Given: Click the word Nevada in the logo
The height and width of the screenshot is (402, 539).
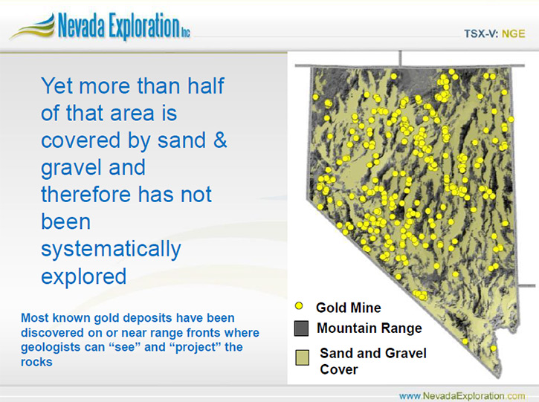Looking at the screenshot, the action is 81,25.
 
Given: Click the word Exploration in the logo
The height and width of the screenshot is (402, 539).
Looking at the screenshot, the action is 144,27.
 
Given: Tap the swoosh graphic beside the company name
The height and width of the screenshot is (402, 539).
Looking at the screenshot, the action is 32,27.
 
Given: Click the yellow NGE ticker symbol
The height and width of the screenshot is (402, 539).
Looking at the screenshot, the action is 514,33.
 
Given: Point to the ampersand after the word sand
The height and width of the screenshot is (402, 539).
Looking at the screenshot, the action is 220,140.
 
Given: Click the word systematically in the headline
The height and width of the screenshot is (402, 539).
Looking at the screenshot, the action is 111,249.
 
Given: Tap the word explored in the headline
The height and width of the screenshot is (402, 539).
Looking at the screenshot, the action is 83,276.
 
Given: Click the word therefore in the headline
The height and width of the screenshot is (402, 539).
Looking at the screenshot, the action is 86,194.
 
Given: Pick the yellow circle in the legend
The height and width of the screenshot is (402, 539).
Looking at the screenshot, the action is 299,306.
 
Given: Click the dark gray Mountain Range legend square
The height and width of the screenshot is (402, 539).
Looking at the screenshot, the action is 302,328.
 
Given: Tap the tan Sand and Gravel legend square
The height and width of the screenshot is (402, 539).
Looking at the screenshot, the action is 302,357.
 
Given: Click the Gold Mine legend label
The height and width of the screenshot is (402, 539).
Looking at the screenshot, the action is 348,308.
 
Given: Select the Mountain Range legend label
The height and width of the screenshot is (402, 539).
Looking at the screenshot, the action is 369,328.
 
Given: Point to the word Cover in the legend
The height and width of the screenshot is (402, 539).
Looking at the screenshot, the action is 338,370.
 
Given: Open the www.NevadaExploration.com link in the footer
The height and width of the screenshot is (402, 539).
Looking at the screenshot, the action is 462,396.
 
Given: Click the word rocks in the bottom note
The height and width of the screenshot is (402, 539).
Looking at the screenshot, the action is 36,362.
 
